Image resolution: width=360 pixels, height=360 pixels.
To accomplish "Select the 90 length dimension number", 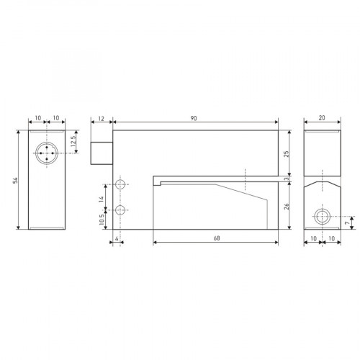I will tap(194, 118).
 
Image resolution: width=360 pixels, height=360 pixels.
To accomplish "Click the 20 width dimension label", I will tap(321, 118).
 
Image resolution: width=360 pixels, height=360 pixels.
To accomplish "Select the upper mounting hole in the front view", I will tap(121, 185).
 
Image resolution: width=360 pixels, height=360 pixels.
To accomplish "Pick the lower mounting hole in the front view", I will tap(121, 210).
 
